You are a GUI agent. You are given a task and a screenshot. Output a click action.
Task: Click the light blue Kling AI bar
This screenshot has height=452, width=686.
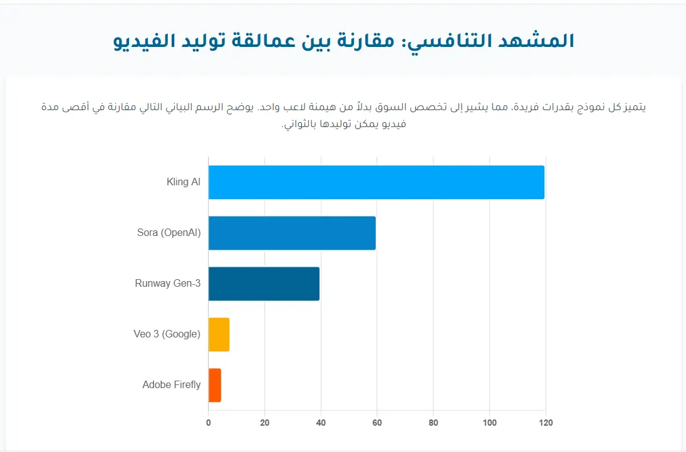376,182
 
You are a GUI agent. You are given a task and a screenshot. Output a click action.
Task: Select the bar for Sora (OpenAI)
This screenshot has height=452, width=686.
292,233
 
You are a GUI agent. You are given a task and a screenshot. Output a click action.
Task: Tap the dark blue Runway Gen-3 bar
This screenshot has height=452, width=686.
264,284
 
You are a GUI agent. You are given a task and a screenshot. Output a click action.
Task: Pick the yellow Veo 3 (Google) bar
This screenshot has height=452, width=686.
219,334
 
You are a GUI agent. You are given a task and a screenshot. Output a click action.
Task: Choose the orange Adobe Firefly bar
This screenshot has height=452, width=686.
214,385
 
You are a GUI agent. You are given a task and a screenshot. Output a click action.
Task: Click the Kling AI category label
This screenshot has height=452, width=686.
184,182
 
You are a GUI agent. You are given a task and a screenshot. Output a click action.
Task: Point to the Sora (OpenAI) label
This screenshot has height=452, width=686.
169,233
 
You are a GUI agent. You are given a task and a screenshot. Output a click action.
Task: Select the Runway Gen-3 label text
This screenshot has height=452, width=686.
167,284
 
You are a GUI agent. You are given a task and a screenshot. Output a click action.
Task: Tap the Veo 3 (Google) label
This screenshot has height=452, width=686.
167,334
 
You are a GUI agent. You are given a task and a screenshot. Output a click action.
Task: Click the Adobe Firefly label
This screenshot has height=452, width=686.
171,385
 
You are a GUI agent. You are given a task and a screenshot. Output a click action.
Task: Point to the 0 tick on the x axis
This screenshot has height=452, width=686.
209,423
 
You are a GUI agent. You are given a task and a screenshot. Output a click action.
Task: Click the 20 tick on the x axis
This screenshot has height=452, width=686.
264,423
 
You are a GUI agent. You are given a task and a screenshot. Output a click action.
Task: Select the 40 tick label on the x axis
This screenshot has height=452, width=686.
321,423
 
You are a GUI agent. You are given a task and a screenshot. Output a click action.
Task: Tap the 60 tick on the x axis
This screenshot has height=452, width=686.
377,423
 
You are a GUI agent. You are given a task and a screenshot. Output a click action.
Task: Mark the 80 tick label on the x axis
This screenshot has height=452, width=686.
433,423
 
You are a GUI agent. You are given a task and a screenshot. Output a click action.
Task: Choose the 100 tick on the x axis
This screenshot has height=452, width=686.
489,423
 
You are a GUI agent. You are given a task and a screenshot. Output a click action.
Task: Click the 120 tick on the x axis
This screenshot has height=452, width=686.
546,423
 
